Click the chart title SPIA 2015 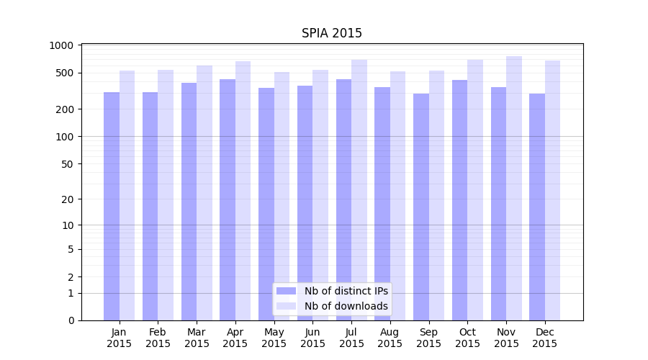point(332,33)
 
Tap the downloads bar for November point(514,188)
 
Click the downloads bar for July point(359,190)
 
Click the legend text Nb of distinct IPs point(346,291)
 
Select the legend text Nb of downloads point(346,306)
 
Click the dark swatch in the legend point(287,291)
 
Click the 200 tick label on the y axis point(66,109)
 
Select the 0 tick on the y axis point(71,320)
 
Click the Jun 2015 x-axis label point(312,338)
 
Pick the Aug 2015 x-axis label point(390,338)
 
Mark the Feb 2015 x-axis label point(158,338)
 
